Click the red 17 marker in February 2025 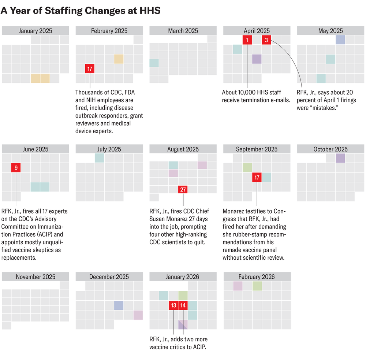pos(90,68)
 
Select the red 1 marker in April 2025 pos(247,40)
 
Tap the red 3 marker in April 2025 pos(266,40)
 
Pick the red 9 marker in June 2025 pos(16,168)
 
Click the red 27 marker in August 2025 pos(183,190)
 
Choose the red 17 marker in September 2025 pos(257,177)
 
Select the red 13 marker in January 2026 pos(173,305)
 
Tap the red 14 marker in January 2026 pos(183,305)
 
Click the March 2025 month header pos(183,31)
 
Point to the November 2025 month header pos(36,277)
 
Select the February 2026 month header pos(257,277)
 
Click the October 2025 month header pos(330,149)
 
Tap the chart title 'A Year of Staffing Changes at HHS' pos(81,11)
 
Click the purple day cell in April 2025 pos(257,59)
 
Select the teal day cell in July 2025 pos(99,158)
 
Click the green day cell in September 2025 pos(247,168)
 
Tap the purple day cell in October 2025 pos(340,158)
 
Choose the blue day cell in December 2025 pos(119,305)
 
